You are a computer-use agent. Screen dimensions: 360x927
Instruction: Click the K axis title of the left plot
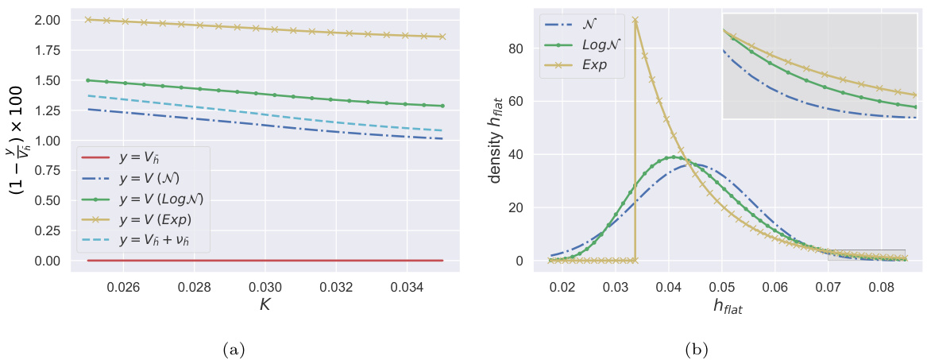265,302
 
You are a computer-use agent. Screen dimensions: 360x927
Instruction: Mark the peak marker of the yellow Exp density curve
635,20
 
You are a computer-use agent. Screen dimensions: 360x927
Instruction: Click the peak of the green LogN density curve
674,157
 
